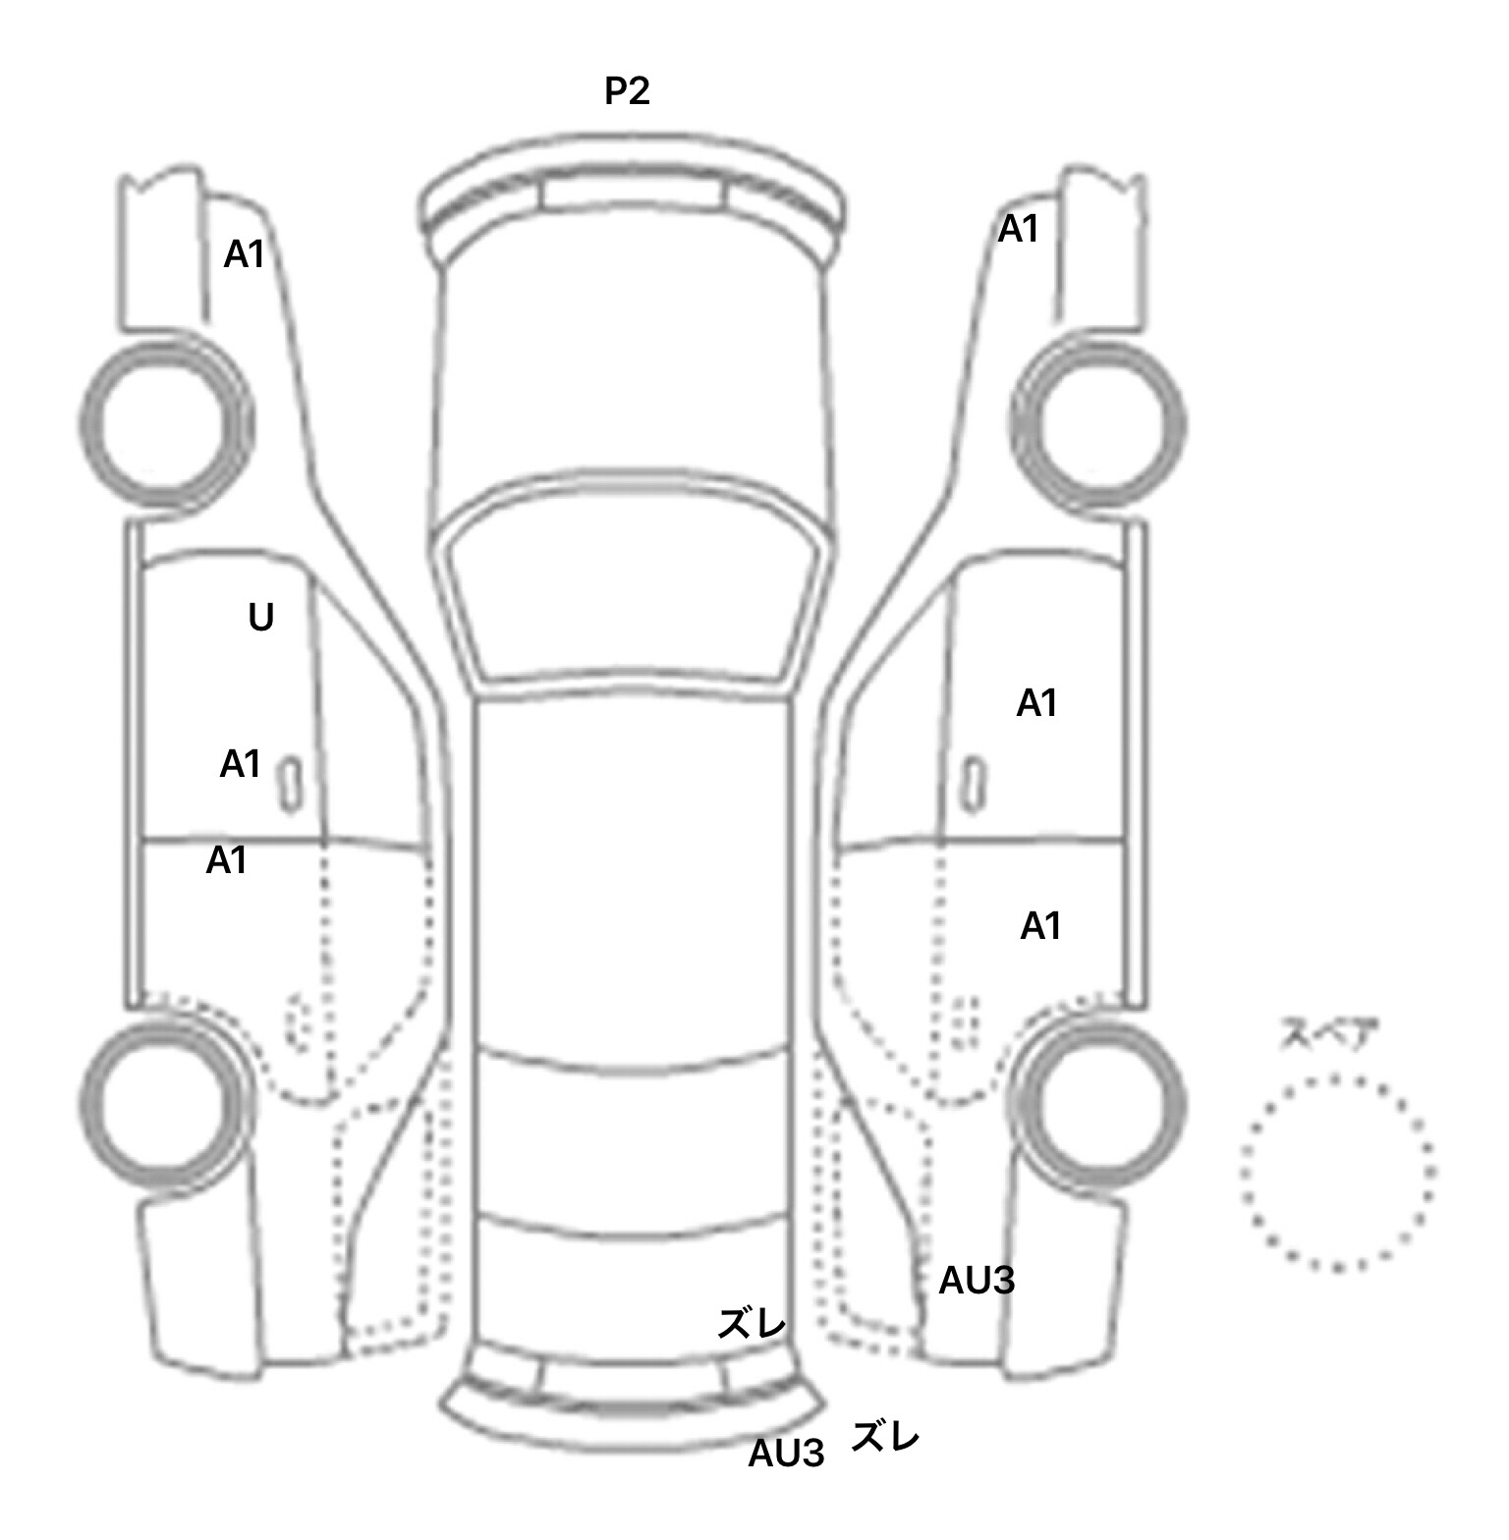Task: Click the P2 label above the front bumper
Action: pos(627,91)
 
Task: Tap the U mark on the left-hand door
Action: pos(260,618)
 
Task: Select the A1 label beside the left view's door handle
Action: pos(241,763)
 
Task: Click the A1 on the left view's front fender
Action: pos(245,254)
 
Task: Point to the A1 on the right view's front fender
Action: pos(1019,230)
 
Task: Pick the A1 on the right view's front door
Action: pos(1037,703)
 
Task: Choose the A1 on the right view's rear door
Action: pos(1041,926)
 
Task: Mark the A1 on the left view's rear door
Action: pos(227,861)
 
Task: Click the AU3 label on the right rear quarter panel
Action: pos(977,1281)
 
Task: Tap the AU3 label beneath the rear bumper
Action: pos(786,1454)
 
